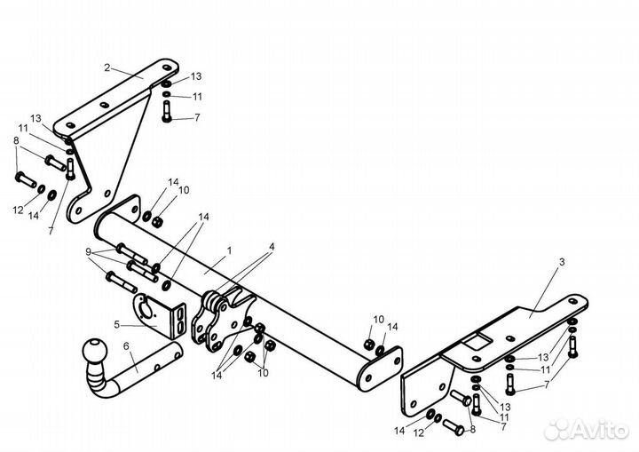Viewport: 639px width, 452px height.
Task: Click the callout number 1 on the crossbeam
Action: [229, 250]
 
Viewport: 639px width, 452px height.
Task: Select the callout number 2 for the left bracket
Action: [107, 67]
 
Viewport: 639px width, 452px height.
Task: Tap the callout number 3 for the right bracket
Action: [562, 262]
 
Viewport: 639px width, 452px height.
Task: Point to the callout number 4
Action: [272, 247]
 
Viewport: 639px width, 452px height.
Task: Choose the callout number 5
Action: [117, 325]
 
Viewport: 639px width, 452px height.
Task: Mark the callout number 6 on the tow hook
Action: [126, 346]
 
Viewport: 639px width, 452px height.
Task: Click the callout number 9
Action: [88, 252]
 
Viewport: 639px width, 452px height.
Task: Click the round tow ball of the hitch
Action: [94, 351]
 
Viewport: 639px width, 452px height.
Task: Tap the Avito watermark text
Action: [598, 430]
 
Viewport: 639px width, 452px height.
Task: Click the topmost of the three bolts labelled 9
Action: [131, 253]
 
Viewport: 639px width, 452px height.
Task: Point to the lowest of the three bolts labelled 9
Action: [122, 282]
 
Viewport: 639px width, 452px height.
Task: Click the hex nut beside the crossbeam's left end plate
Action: [157, 222]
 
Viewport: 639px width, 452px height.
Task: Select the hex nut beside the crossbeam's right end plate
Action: [369, 344]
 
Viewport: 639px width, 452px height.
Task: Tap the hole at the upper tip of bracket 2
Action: [166, 67]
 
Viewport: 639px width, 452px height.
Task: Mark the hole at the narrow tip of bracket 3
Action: [572, 302]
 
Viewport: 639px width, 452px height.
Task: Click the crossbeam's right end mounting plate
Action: [380, 369]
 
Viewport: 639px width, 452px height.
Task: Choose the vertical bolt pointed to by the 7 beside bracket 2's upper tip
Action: [167, 111]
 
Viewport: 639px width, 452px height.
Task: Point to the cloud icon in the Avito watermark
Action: [557, 430]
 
